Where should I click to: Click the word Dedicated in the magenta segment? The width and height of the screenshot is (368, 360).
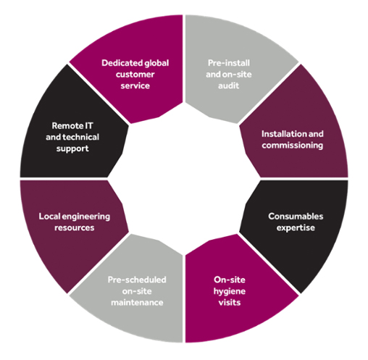point(122,63)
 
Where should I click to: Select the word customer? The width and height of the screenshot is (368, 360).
point(135,75)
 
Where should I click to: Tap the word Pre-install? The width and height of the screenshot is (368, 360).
point(229,63)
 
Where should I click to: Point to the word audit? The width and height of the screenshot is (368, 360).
point(228,85)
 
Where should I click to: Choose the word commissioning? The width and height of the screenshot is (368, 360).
point(293,146)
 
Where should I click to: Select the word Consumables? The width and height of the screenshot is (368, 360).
point(296,217)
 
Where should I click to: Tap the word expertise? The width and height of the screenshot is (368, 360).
point(296,228)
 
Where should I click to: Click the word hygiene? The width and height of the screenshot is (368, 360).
point(230,291)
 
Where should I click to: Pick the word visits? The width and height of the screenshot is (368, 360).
point(230,303)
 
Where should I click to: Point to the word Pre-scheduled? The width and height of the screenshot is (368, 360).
point(137,280)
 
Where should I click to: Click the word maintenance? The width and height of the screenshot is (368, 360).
point(137,303)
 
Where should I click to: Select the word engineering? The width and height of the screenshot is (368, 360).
point(86,217)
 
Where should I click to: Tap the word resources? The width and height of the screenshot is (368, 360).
point(75,228)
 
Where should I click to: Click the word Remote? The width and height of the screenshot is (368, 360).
point(64,126)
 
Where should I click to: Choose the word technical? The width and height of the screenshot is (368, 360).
point(81,137)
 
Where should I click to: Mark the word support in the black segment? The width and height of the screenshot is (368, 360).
point(72,148)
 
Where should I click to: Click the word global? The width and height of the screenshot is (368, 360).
point(156,63)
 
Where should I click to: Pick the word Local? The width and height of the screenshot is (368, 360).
point(49,217)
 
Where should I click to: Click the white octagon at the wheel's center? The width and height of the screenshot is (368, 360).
point(184,179)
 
